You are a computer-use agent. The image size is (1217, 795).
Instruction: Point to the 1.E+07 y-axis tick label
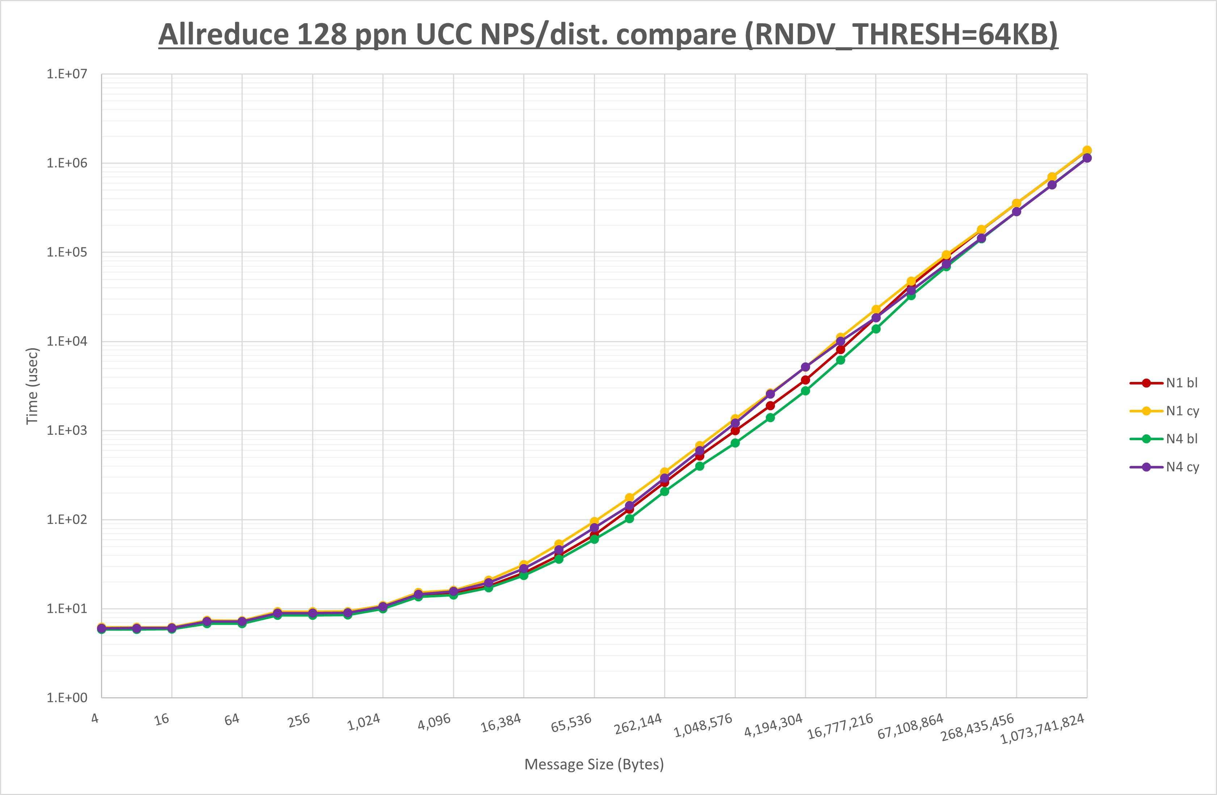pyautogui.click(x=67, y=74)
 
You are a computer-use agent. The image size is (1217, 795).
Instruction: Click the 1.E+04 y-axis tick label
pyautogui.click(x=67, y=341)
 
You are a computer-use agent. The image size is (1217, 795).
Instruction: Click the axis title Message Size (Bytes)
pyautogui.click(x=594, y=764)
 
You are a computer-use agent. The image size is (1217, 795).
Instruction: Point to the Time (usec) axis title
pyautogui.click(x=32, y=386)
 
